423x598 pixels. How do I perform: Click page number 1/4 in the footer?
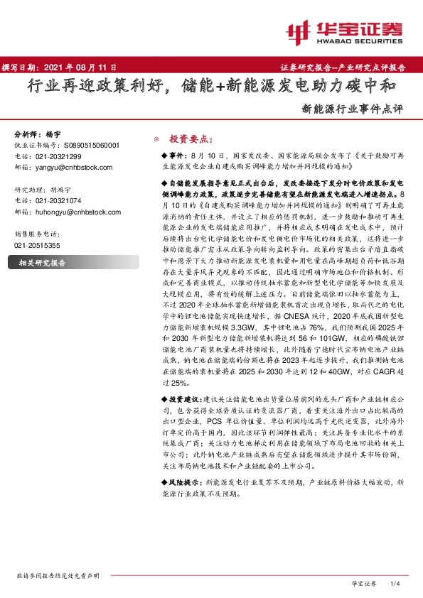pyautogui.click(x=396, y=583)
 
